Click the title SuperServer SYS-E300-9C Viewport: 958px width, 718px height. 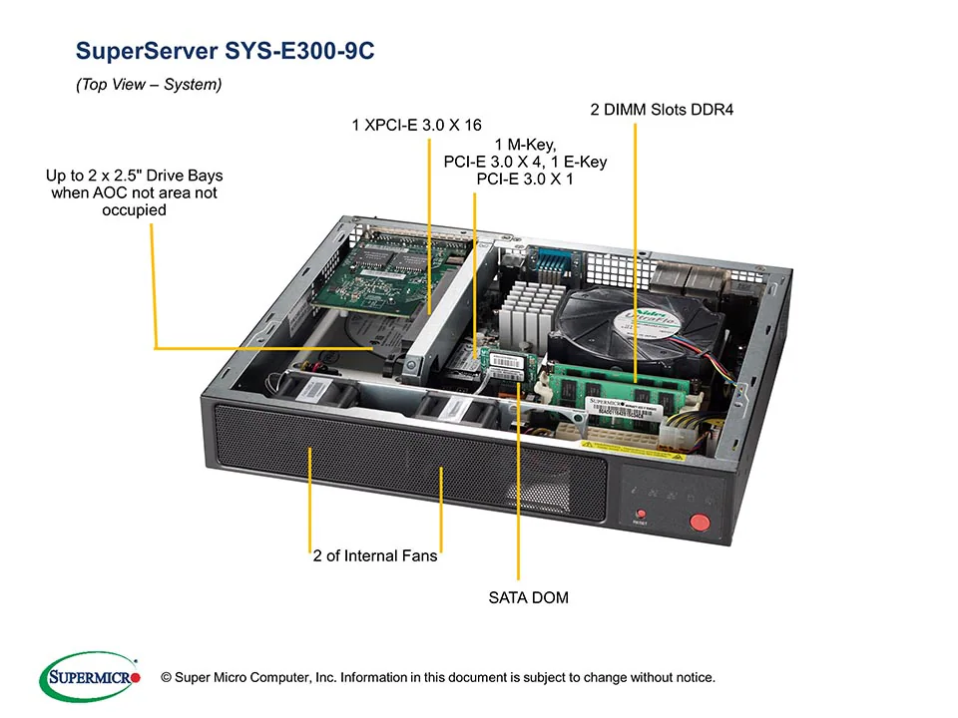(226, 52)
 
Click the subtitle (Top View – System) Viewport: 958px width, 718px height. (149, 86)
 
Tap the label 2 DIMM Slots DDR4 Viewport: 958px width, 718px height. (662, 110)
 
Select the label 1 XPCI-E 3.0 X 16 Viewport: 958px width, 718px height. (416, 126)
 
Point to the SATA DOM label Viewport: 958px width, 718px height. (528, 598)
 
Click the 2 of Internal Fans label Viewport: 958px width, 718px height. (375, 555)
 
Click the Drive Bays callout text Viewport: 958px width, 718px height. (134, 193)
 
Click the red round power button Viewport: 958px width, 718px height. (700, 521)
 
